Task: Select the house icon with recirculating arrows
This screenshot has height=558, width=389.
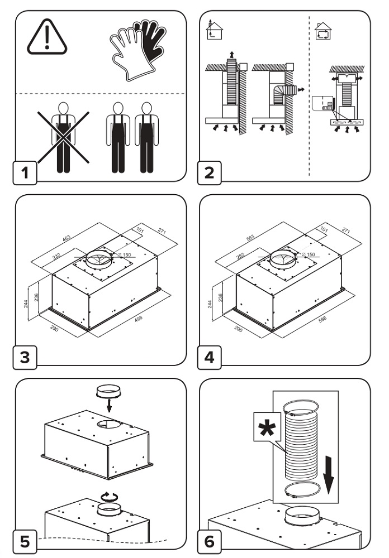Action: coord(322,31)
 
